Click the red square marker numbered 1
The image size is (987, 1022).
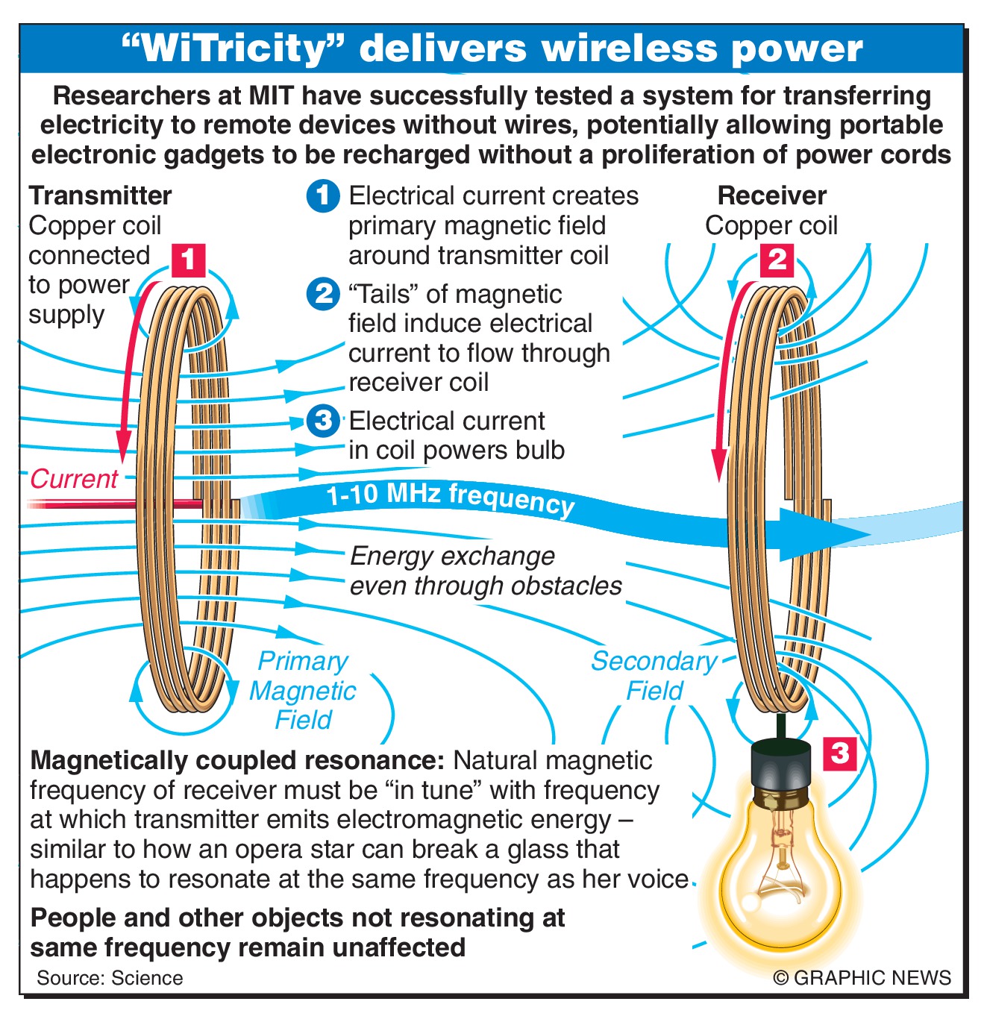click(x=188, y=260)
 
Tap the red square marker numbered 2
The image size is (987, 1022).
click(x=777, y=260)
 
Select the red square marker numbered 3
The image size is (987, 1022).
click(x=840, y=753)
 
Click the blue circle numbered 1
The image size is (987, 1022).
click(x=323, y=196)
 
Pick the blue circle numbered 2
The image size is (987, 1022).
click(x=323, y=294)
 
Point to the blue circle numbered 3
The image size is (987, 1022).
click(x=323, y=421)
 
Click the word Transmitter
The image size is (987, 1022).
click(x=100, y=195)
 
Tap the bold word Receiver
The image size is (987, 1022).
click(x=771, y=195)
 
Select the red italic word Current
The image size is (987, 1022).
click(x=74, y=478)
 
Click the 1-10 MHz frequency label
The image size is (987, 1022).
click(x=451, y=498)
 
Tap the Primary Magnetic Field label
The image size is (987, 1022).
click(x=302, y=691)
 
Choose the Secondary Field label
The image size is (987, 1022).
click(x=654, y=675)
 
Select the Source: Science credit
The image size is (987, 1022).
click(x=110, y=978)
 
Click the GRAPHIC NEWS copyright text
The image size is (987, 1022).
click(x=862, y=978)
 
